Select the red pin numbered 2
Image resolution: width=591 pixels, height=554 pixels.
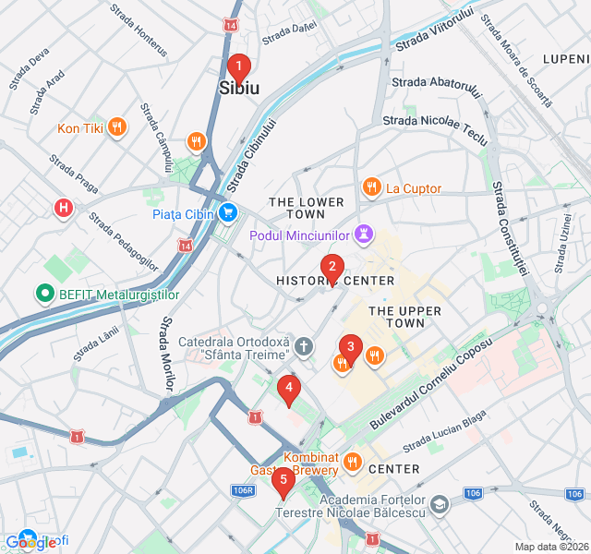332,268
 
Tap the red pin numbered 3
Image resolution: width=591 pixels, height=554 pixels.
350,347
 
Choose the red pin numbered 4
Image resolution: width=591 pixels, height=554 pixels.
289,389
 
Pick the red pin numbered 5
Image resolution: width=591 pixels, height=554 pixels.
283,479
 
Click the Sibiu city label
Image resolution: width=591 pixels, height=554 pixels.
239,89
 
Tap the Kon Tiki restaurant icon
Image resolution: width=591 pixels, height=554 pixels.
116,128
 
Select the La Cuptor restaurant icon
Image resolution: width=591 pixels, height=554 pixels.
371,188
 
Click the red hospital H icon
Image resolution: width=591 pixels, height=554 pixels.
64,209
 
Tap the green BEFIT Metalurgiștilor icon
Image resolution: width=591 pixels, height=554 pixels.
43,295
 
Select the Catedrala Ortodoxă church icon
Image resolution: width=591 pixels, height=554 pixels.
305,346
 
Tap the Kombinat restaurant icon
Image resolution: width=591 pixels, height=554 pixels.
352,461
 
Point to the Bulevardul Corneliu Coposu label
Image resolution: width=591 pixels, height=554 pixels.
431,381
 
